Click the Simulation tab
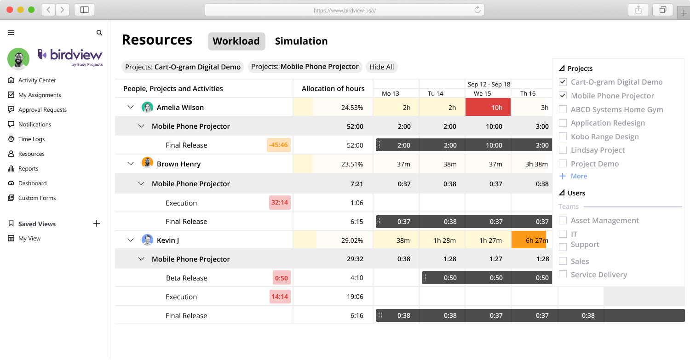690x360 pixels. (301, 41)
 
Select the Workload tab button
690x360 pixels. (236, 41)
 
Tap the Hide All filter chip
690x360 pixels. (381, 67)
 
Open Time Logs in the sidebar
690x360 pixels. (31, 139)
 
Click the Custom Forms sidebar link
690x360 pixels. (37, 198)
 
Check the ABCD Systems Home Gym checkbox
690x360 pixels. (563, 109)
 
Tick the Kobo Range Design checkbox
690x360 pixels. (563, 137)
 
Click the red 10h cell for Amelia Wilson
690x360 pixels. (488, 107)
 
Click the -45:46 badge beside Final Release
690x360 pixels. (279, 145)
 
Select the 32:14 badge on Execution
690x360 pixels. (280, 202)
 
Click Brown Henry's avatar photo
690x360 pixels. (147, 163)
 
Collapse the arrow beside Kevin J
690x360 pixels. (131, 240)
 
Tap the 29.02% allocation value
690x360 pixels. (352, 240)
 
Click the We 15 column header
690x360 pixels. (482, 93)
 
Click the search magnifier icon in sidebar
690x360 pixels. (99, 33)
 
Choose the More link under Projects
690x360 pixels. (579, 176)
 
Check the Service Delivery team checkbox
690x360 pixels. (563, 274)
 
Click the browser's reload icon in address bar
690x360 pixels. (477, 10)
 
